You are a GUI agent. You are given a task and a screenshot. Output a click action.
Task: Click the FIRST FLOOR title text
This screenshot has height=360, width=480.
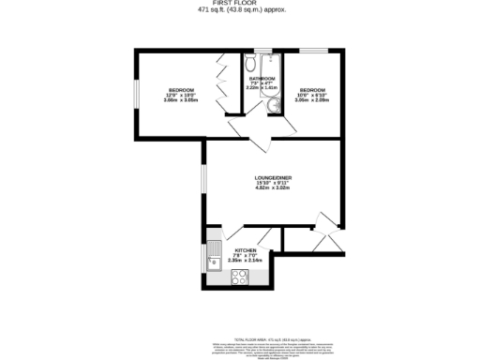click(x=242, y=4)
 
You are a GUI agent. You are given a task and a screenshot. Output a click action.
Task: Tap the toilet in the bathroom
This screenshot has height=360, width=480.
click(x=250, y=64)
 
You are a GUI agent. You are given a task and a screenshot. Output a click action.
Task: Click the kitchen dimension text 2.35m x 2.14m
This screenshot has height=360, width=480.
click(x=246, y=262)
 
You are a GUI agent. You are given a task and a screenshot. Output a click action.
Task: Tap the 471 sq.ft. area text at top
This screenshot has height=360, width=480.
click(x=242, y=10)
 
